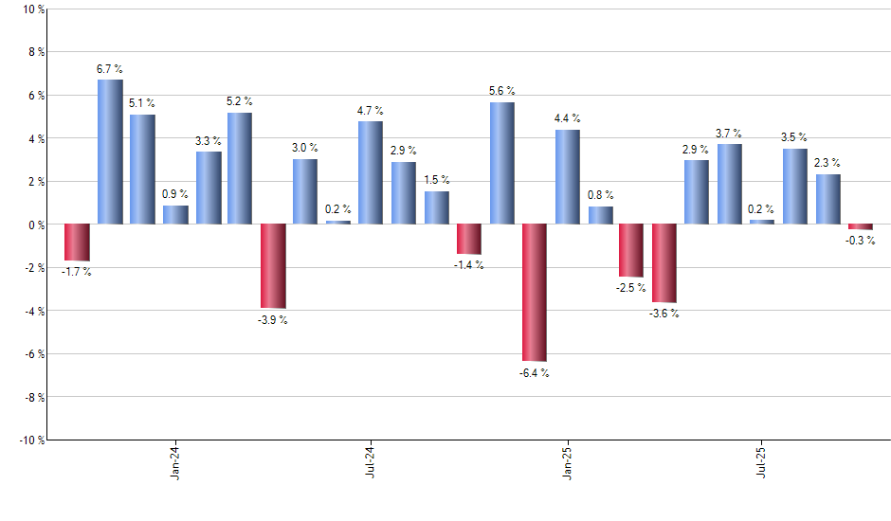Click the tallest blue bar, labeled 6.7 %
110,152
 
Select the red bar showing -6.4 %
535,293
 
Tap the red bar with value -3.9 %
273,266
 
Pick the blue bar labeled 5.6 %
502,163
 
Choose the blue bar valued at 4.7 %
371,172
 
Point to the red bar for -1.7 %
77,243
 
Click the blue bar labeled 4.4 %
568,176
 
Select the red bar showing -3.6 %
664,263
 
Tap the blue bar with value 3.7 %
730,184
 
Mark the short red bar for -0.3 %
861,227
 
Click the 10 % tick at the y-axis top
32,9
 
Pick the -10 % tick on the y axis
30,440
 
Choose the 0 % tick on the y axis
35,225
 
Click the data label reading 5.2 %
239,101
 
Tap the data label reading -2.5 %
631,288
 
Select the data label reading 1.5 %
437,180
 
